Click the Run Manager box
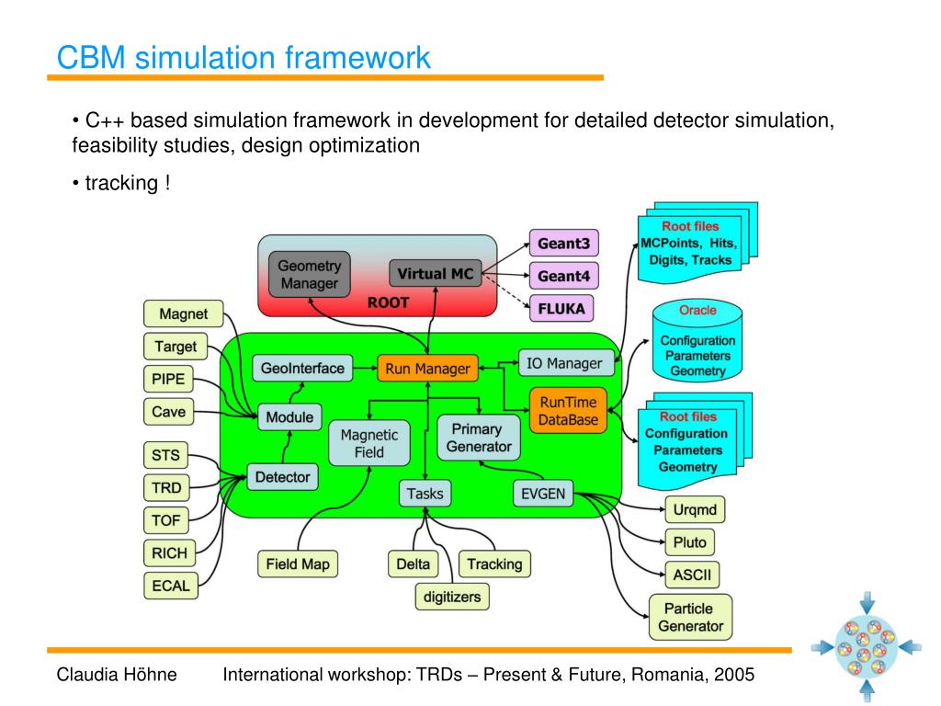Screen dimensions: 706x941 point(427,369)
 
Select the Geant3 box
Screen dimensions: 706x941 point(563,244)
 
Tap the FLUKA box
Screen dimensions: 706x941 point(561,308)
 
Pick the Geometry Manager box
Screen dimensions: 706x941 point(310,273)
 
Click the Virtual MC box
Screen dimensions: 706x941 point(436,273)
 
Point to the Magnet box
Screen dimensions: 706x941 point(183,314)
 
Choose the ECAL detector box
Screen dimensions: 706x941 point(170,586)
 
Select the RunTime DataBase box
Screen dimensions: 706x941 point(568,411)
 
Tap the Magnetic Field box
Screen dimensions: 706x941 point(368,443)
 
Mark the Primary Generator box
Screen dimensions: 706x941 point(478,438)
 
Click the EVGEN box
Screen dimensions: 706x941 point(541,494)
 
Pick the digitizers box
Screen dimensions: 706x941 point(451,597)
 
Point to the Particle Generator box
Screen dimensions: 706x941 point(690,617)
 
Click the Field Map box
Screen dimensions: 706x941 point(297,564)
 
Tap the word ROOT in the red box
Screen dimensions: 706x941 point(388,302)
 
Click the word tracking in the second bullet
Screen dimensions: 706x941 point(121,183)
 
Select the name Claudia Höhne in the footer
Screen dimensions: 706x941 point(116,675)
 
